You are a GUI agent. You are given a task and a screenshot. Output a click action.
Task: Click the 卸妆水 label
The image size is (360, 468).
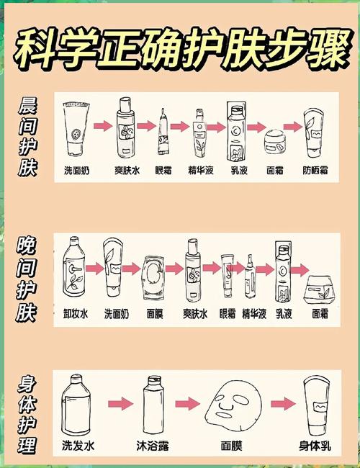pyautogui.click(x=75, y=314)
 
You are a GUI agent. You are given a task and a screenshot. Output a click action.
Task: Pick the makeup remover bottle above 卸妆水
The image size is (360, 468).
pyautogui.click(x=74, y=269)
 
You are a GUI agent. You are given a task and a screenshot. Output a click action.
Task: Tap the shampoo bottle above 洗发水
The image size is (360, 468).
pyautogui.click(x=77, y=403)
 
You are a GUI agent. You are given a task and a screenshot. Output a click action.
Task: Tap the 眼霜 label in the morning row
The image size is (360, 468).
pyautogui.click(x=164, y=171)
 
